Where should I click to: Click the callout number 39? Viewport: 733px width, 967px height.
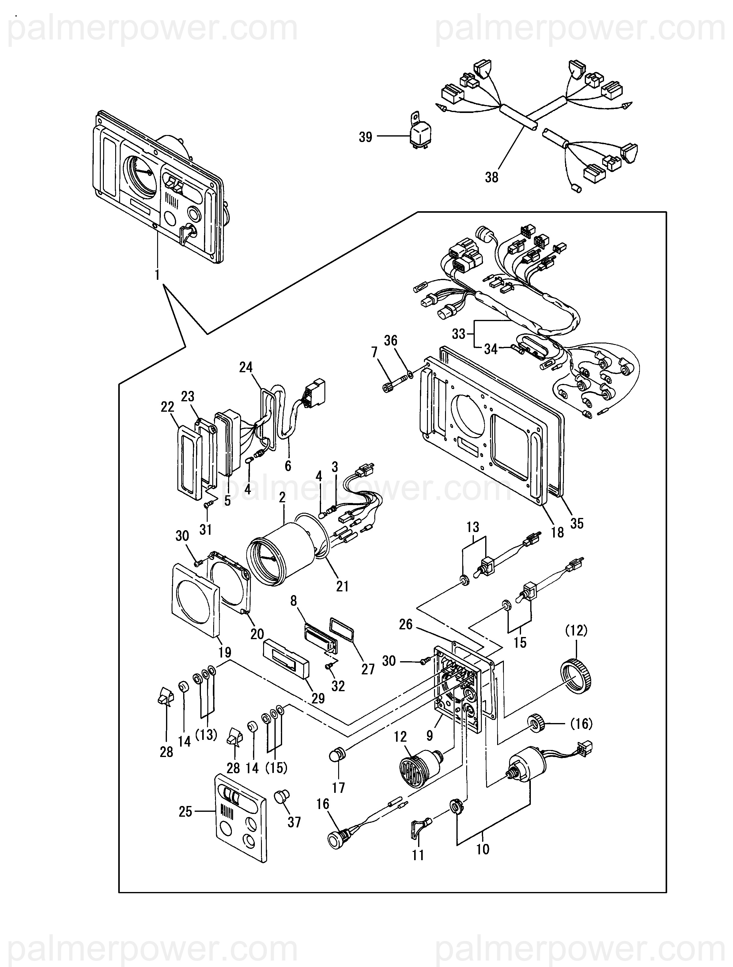(365, 137)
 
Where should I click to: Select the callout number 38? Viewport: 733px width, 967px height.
(492, 178)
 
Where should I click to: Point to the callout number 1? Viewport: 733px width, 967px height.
(157, 275)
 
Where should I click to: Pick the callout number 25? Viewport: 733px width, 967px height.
(185, 812)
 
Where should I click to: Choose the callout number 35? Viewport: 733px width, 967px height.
(577, 523)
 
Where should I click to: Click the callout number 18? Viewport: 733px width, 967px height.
(557, 532)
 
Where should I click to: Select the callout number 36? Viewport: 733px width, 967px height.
(391, 341)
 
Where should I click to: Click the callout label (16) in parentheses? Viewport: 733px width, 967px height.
(582, 724)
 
